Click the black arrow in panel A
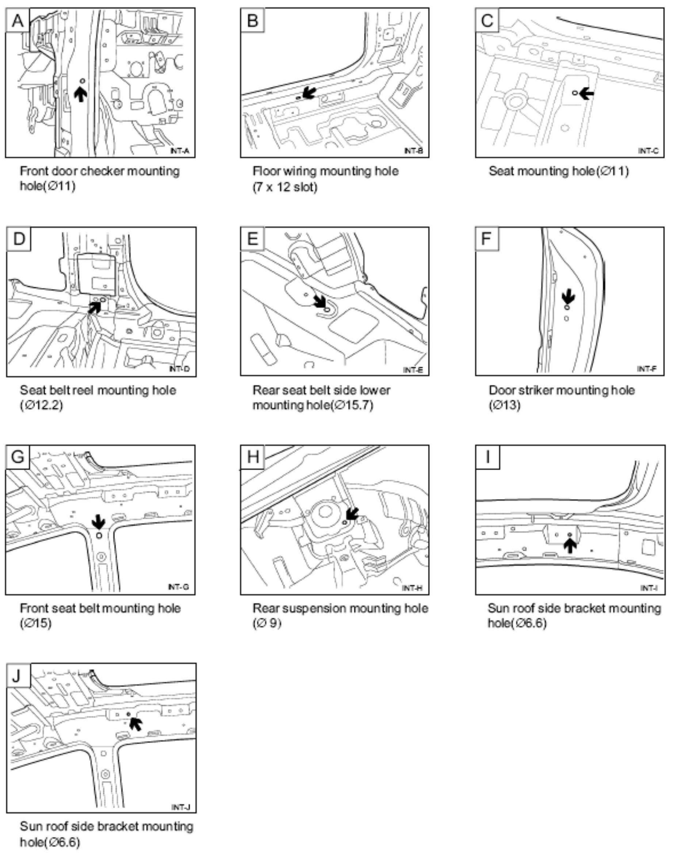[81, 94]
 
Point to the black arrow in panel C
[587, 94]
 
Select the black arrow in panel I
[569, 545]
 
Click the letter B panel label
[252, 20]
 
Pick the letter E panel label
[252, 239]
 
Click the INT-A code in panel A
[180, 150]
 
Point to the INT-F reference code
[647, 369]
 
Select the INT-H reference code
[412, 588]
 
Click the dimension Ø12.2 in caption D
[41, 405]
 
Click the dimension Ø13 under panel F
[504, 405]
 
